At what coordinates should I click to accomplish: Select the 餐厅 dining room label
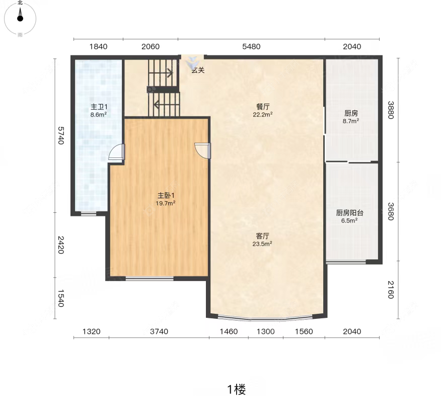tap(263, 106)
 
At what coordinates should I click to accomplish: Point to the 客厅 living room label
tap(262, 236)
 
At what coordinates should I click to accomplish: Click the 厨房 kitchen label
tap(351, 114)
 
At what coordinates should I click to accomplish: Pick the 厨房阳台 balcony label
tap(349, 213)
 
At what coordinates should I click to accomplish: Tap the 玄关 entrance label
tap(198, 70)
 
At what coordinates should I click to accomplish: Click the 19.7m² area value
tap(166, 203)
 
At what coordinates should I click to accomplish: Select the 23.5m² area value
tap(262, 244)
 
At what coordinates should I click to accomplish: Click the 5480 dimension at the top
tap(251, 46)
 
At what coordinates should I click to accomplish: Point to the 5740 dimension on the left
tap(61, 136)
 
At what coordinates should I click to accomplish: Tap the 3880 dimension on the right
tap(391, 110)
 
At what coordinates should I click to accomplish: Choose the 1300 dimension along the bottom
tap(266, 331)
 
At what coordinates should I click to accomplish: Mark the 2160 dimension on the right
tap(391, 290)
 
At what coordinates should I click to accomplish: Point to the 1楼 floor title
tap(237, 389)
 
